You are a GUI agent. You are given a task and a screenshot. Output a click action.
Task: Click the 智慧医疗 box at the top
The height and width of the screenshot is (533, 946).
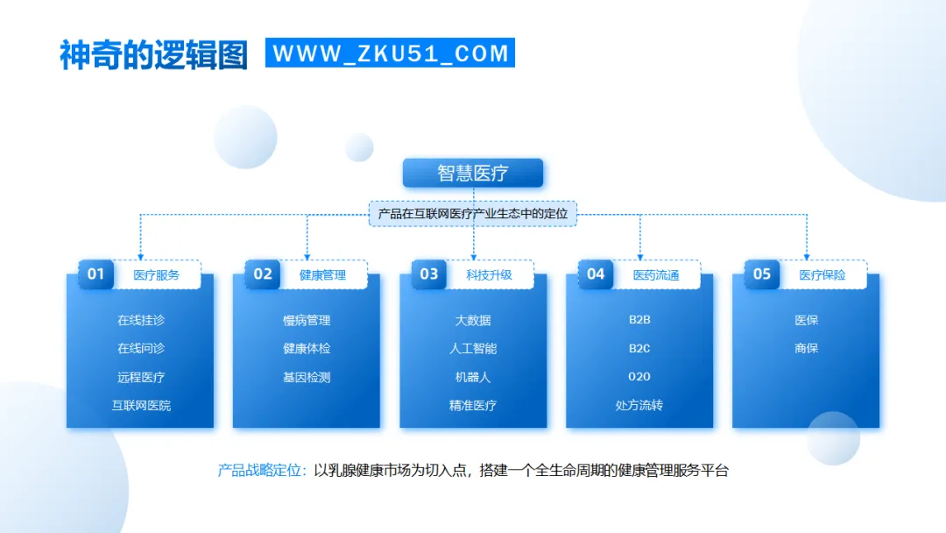pos(473,173)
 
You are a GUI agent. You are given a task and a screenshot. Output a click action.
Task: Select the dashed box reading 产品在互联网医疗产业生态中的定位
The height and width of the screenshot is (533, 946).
pos(473,213)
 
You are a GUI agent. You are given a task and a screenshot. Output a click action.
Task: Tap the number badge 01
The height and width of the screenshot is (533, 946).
pos(95,274)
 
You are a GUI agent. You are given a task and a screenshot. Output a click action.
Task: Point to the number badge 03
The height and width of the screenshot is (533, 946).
pos(428,274)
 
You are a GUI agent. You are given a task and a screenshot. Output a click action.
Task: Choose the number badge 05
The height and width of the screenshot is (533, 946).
pos(761,274)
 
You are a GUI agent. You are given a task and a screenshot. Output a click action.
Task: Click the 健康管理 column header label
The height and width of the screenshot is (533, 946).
pos(322,274)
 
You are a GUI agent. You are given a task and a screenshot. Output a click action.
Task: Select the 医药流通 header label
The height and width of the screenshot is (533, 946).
pos(655,274)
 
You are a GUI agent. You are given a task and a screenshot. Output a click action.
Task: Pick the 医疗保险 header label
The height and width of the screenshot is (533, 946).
pos(822,274)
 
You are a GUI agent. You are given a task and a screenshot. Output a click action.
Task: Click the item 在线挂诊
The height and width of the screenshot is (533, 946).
pos(140,320)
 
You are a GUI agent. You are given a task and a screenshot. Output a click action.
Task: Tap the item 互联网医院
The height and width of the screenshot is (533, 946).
pos(140,405)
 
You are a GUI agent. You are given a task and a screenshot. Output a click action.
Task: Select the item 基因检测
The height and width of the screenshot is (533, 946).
pos(307,377)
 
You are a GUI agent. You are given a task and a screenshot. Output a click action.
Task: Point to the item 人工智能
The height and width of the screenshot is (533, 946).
pos(473,348)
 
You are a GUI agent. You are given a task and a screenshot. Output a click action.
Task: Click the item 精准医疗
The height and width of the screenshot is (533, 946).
pos(473,405)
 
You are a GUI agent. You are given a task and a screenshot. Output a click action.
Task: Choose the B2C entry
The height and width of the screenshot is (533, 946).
pos(639,348)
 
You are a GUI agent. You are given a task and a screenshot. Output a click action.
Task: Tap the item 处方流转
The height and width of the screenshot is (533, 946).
pos(639,405)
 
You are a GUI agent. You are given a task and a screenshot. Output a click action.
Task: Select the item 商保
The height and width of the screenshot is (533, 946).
pos(806,348)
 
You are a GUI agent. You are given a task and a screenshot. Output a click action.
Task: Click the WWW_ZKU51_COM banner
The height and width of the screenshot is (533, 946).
pos(390,53)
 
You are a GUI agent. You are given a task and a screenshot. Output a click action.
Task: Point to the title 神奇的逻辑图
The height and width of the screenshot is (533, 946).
pos(153,54)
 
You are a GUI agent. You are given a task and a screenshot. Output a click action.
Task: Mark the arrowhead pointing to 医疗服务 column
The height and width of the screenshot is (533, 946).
pos(140,253)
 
